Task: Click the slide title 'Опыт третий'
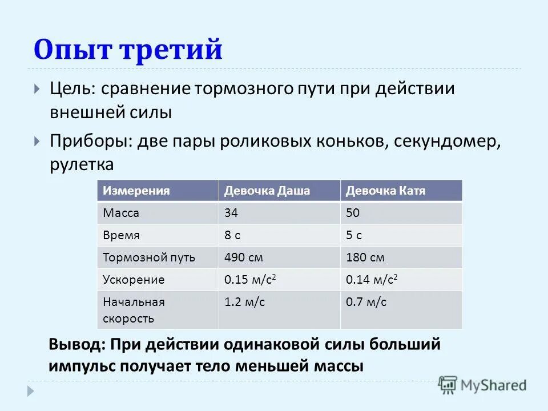(128, 50)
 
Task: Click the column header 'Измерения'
(136, 191)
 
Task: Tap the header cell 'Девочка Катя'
(385, 191)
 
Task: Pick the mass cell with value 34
(231, 213)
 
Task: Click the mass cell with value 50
(353, 213)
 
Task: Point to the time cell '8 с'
(233, 235)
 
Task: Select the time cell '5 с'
(354, 235)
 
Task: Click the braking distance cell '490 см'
(244, 257)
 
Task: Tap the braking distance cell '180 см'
(365, 257)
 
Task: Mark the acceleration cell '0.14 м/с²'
(372, 280)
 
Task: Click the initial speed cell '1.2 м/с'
(245, 303)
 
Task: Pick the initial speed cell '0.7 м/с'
(366, 303)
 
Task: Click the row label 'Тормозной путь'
(149, 257)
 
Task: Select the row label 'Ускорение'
(134, 280)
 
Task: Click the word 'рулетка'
(82, 164)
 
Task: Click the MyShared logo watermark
(482, 385)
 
